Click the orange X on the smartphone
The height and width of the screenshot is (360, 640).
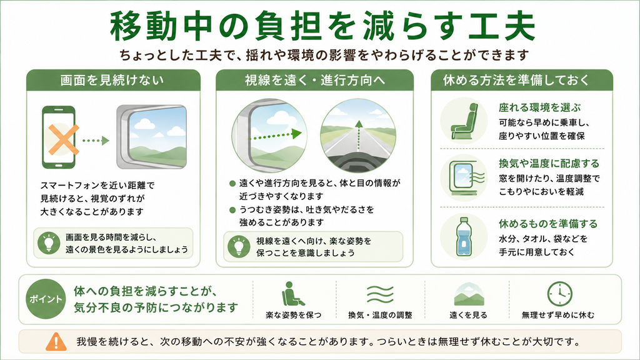(x=64, y=139)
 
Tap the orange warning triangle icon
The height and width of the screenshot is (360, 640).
(x=56, y=342)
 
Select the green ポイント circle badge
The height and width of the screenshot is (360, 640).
(x=45, y=299)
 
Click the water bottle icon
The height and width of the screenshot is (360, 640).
(x=463, y=236)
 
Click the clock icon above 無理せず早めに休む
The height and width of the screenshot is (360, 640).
(x=559, y=294)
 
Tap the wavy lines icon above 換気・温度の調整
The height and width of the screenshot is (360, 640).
(x=380, y=294)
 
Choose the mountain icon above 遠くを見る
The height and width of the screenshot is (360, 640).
(x=469, y=294)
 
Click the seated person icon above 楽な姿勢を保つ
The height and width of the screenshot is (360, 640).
(x=292, y=294)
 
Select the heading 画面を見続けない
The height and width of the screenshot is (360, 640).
(x=112, y=80)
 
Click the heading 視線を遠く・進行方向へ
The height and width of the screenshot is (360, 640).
(x=315, y=80)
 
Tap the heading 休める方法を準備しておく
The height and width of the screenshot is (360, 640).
(x=516, y=80)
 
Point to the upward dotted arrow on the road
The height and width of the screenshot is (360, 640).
(x=358, y=141)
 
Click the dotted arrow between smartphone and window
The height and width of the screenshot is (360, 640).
(x=96, y=141)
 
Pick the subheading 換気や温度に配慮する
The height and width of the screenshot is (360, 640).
(x=549, y=164)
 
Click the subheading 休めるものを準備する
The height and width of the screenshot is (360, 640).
(x=547, y=224)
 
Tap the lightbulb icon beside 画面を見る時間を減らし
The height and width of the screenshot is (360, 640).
(x=49, y=243)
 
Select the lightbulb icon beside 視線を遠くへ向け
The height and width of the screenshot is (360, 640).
(x=239, y=246)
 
